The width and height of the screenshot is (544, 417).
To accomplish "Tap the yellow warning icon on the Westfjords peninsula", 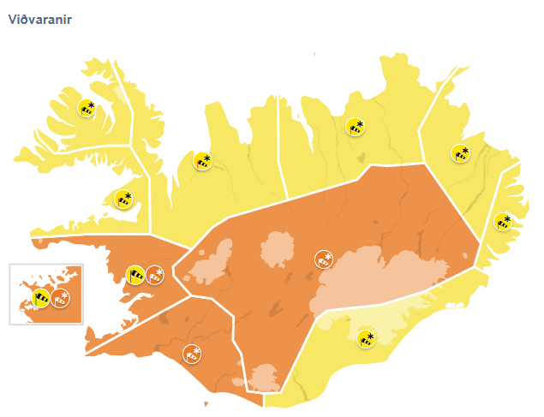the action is coord(86,109).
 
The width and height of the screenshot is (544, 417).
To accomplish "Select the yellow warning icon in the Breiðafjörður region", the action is coord(123,200).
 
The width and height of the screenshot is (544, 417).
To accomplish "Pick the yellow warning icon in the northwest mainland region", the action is coord(202,160).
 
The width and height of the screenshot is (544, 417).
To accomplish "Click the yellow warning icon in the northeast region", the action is coord(354,127).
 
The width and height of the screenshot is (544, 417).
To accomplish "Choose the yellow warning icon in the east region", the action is coord(460,153).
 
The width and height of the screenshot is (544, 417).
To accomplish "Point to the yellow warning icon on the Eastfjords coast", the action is coord(502,222).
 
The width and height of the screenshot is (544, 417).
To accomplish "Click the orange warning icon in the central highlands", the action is coord(323,259).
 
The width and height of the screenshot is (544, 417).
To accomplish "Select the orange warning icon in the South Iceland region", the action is coord(191,352).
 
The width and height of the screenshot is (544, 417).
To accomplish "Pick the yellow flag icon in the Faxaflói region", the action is coord(135,275).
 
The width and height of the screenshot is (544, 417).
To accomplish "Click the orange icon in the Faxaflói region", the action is coord(155,275).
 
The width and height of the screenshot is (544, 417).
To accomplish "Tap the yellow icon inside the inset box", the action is coord(40,298).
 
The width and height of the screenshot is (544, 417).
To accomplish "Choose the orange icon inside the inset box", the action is coord(60,298).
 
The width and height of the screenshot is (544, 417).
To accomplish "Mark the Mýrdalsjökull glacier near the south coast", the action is coord(263,375).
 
